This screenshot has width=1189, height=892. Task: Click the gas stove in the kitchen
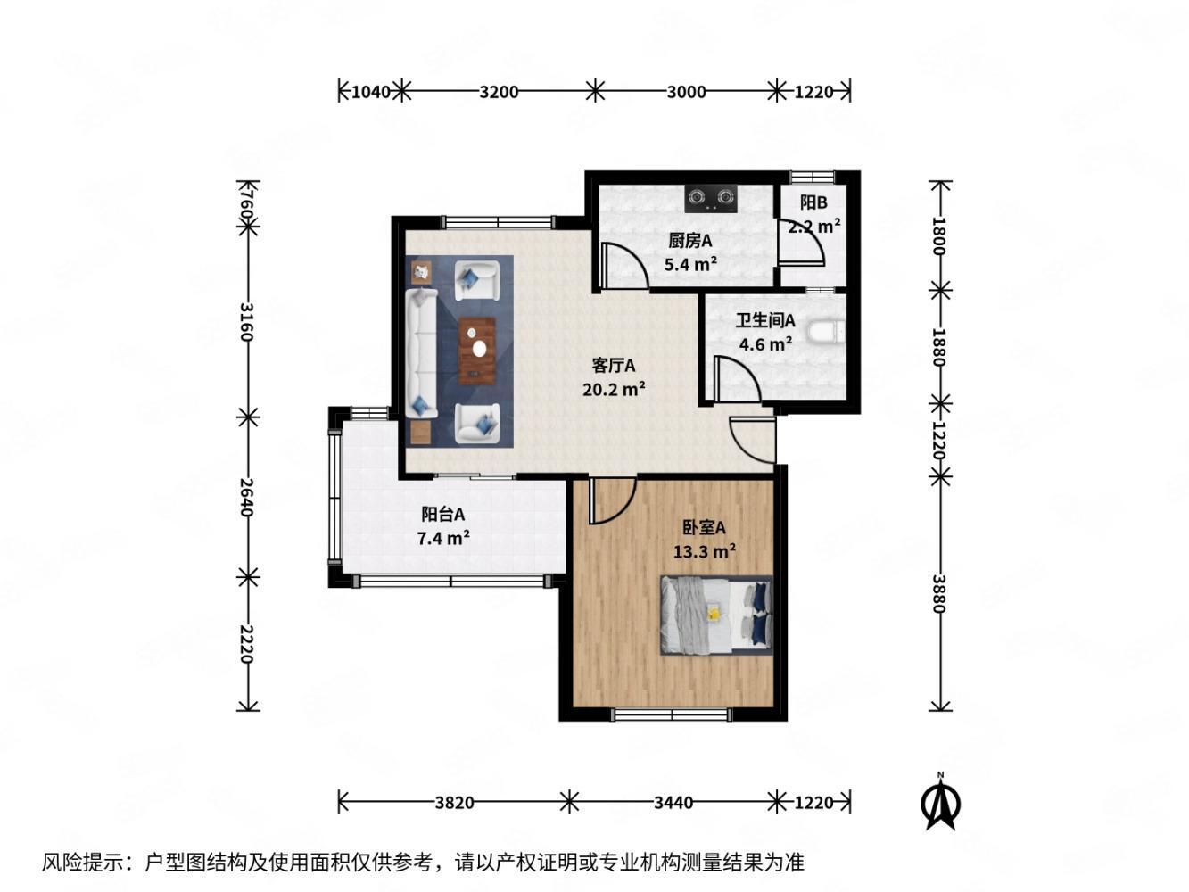point(711,198)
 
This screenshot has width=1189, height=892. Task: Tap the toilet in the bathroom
point(826,332)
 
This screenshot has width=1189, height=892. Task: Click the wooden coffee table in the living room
point(476,351)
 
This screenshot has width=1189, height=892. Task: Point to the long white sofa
point(421,353)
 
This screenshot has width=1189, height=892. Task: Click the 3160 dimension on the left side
point(246,322)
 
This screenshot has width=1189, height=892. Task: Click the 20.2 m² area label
point(613,389)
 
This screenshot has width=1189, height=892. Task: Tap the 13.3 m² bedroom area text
point(704,551)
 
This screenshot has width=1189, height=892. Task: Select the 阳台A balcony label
point(442,514)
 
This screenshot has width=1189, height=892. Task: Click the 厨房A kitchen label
point(689,241)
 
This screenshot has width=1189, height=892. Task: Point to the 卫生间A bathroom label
point(764,320)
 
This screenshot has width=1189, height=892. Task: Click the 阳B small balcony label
point(813,202)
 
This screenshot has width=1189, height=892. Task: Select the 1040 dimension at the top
point(371,92)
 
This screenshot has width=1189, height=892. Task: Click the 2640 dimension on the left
point(246,497)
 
